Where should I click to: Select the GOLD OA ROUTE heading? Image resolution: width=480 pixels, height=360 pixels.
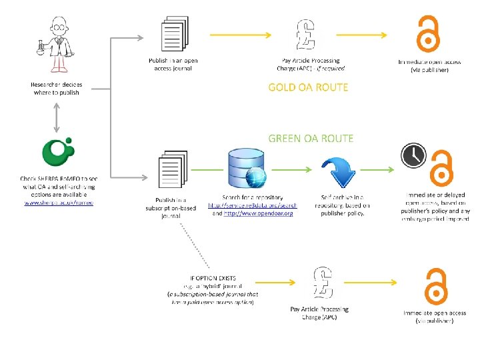(x=308, y=87)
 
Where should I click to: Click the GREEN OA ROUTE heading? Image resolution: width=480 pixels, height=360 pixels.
(x=311, y=138)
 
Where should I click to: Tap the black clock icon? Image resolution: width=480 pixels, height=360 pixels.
(x=413, y=155)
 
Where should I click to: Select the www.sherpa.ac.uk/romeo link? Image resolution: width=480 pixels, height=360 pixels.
(x=59, y=202)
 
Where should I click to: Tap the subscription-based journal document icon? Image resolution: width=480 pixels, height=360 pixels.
(x=171, y=173)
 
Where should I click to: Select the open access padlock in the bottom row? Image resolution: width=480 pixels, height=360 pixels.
(x=435, y=287)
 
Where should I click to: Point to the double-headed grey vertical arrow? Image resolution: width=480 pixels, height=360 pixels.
(x=57, y=115)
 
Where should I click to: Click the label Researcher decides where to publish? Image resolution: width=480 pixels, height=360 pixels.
(x=57, y=89)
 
